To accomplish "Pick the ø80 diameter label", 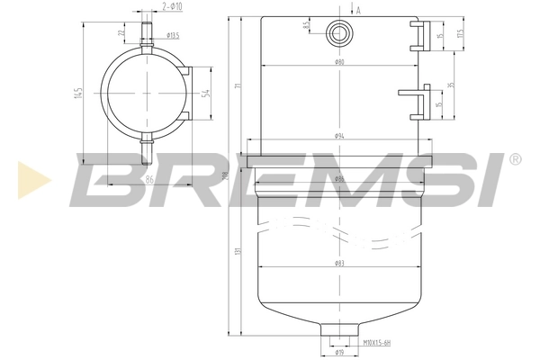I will (339, 63).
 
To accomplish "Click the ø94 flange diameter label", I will (339, 135).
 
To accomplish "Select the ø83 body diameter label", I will (339, 263).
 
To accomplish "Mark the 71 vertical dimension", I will (237, 85).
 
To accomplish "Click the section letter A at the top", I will (358, 10).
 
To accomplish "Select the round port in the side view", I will (339, 32).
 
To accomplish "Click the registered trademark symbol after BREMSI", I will (514, 160).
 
